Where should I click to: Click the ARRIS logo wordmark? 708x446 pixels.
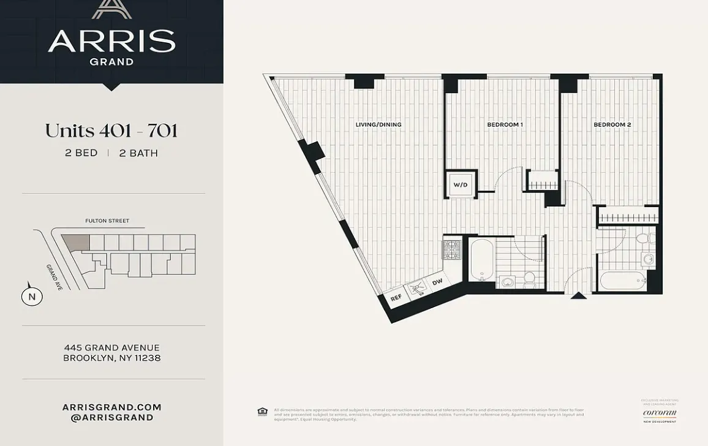[x=111, y=41]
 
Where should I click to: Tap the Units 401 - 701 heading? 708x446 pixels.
[x=111, y=131]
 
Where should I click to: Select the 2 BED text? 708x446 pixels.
[x=81, y=153]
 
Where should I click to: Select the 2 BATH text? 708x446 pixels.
[x=138, y=153]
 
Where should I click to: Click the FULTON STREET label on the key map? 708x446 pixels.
[x=107, y=221]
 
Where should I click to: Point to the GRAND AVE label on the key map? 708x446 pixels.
[x=53, y=277]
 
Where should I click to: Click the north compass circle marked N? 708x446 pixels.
[x=32, y=297]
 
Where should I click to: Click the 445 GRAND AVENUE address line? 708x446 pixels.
[x=111, y=348]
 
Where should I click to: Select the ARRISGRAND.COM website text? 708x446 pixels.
[x=111, y=407]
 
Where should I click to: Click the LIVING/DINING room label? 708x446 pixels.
[x=378, y=125]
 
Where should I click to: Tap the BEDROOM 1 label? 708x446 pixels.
[x=505, y=125]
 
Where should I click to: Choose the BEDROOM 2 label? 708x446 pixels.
[x=612, y=125]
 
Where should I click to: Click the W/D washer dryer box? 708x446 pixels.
[x=461, y=184]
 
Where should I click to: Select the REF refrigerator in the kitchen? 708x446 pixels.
[x=396, y=298]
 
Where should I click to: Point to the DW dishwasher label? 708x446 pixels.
[x=437, y=282]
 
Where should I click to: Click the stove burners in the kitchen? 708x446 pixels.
[x=451, y=249]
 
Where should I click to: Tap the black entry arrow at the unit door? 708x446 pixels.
[x=578, y=296]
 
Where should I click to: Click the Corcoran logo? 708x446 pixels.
[x=659, y=413]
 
